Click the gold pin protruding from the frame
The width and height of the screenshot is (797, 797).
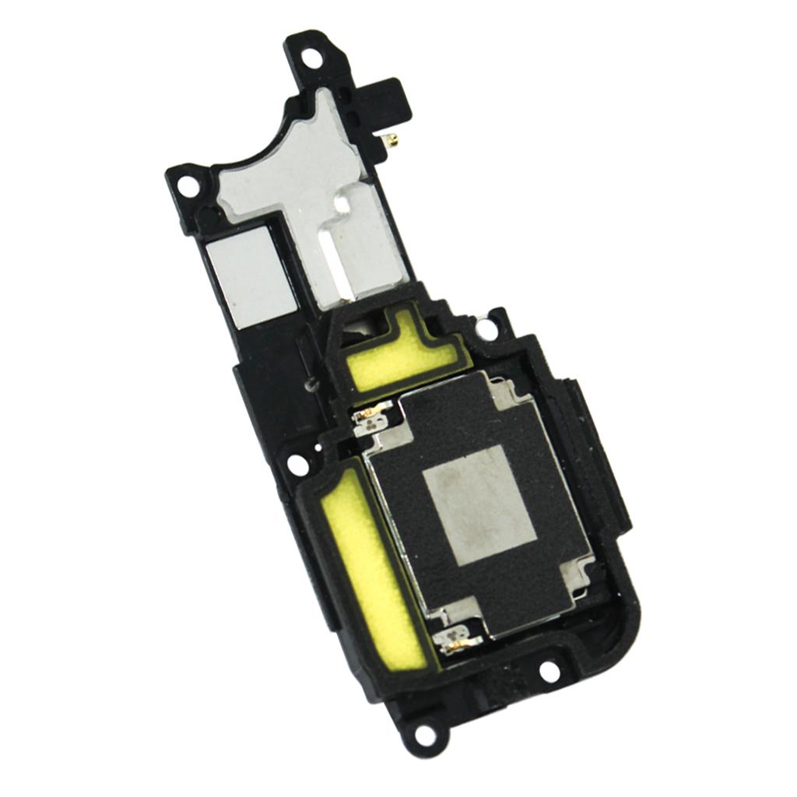[x=393, y=140]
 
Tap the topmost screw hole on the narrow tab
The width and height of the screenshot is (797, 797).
[x=311, y=57]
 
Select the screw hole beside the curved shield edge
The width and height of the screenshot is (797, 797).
[x=188, y=184]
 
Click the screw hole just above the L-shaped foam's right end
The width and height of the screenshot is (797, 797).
[x=486, y=328]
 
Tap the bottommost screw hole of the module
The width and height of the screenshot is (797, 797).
[x=424, y=732]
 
